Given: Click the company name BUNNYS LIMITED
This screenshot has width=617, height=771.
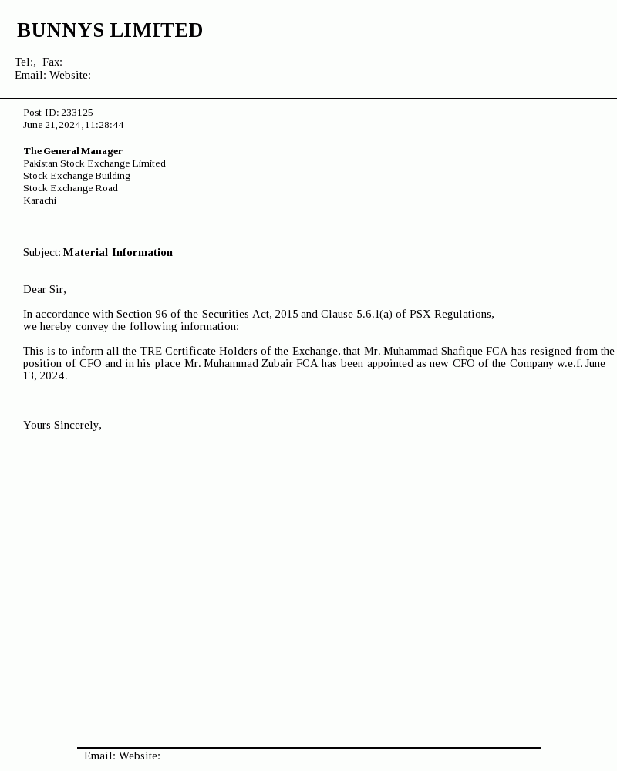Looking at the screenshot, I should [110, 31].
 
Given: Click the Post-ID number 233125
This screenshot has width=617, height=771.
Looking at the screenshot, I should [77, 113].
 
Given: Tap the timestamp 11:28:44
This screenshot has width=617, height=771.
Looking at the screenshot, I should [104, 125].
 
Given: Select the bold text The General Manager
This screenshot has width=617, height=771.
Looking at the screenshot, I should [72, 151].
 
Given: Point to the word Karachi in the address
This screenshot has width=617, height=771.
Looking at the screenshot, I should [39, 200].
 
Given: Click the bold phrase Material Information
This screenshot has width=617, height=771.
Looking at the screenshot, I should [118, 253].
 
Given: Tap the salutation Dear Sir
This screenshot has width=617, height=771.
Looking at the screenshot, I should [44, 290].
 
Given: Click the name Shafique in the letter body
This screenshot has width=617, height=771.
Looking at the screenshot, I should [461, 352].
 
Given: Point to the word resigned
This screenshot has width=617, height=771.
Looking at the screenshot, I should [549, 352].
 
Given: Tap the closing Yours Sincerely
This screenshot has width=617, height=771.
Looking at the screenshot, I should [62, 426].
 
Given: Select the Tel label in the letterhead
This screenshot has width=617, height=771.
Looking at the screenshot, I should [23, 62].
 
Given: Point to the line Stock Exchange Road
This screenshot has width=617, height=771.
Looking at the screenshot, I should [70, 188].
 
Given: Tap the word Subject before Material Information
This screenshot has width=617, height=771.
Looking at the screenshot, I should [42, 253].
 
